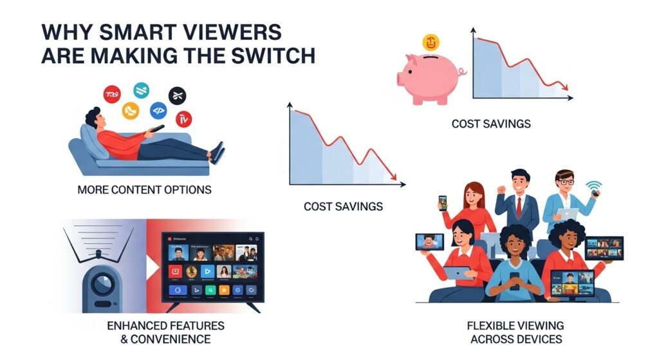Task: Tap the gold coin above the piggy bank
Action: coord(431,43)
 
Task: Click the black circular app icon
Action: coord(177,96)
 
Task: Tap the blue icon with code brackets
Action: coord(158,111)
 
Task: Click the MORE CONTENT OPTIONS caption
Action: coord(144,190)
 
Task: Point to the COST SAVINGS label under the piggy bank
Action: coord(491,124)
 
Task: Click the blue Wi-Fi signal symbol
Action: coord(591,186)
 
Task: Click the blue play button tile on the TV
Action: coord(208,271)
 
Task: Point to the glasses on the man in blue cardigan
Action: coord(565,182)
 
